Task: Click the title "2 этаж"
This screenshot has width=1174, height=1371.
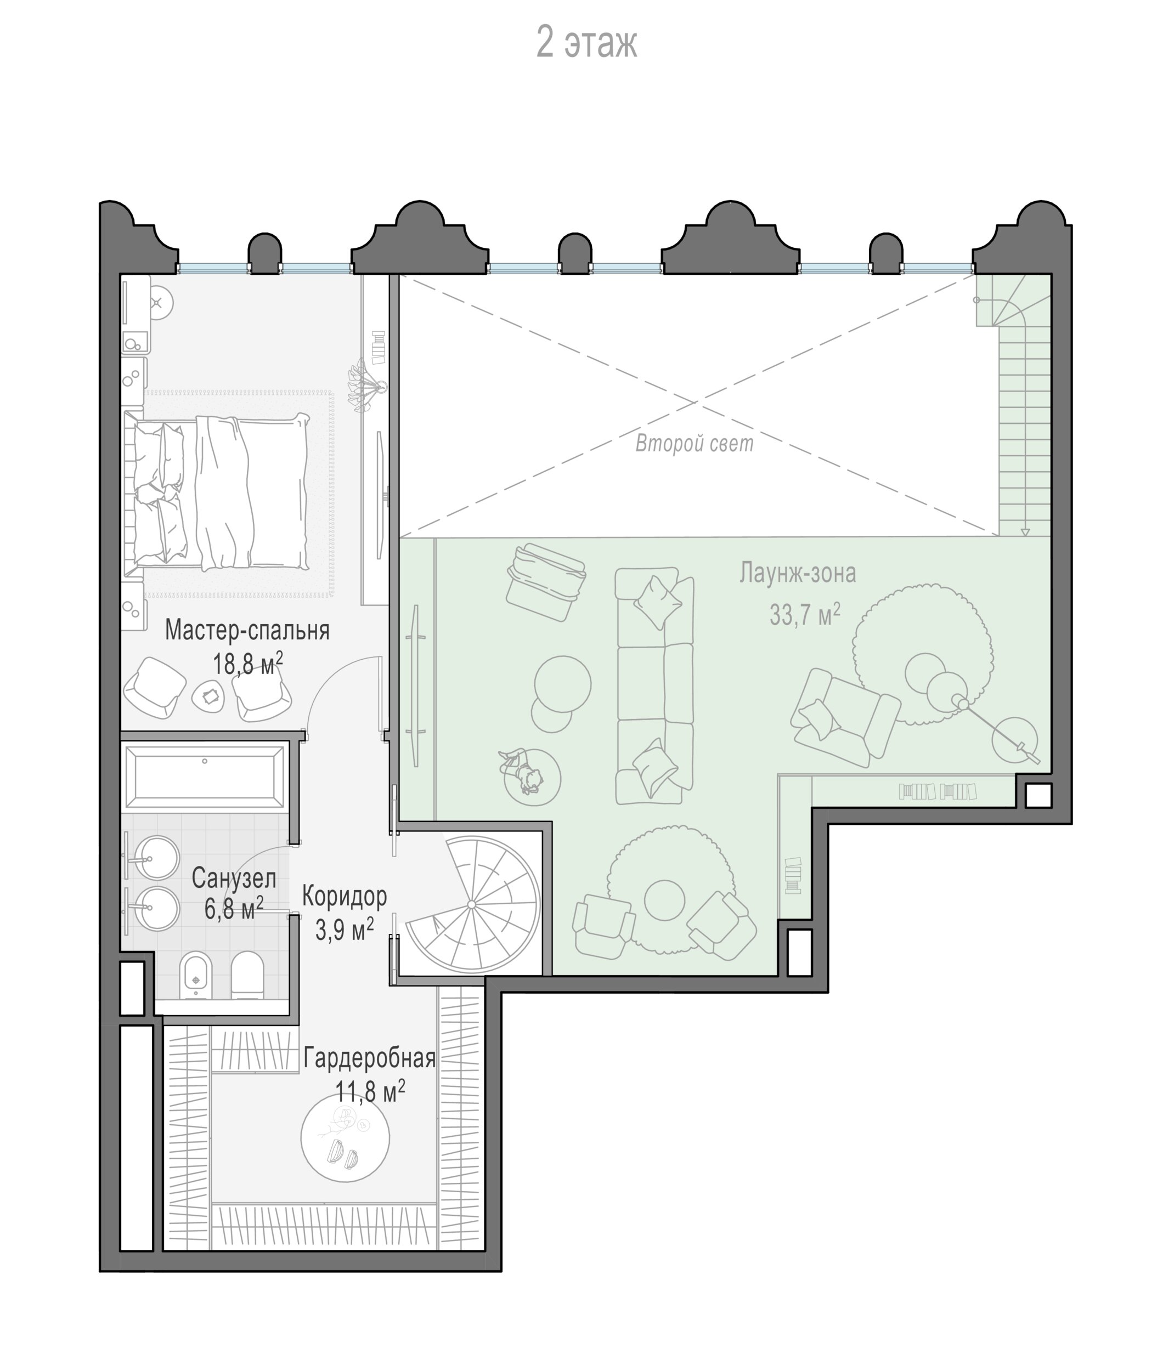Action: click(x=586, y=43)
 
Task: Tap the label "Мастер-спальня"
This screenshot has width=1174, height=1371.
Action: click(x=247, y=631)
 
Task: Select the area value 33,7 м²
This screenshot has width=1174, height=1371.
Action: click(x=805, y=615)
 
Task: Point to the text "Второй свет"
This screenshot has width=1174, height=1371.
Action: click(x=694, y=443)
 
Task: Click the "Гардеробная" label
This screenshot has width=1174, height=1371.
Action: click(x=369, y=1058)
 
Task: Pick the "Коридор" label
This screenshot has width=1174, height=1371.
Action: click(x=344, y=897)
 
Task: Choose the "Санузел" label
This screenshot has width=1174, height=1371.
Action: click(x=234, y=878)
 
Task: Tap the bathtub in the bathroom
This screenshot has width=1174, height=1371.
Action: click(x=205, y=776)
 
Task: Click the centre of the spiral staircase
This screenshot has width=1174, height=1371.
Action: click(x=471, y=904)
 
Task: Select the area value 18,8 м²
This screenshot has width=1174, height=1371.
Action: click(x=247, y=663)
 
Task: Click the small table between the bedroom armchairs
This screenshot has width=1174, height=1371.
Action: click(x=209, y=695)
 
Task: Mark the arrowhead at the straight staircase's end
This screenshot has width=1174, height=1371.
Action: click(x=1024, y=531)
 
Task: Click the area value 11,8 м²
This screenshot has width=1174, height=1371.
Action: click(x=370, y=1091)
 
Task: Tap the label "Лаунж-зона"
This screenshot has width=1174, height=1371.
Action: click(x=798, y=573)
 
